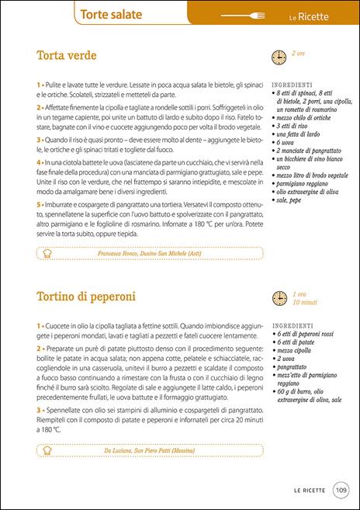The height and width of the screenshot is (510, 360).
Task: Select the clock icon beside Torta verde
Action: click(x=278, y=57)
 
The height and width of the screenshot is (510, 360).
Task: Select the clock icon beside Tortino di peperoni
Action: click(x=278, y=298)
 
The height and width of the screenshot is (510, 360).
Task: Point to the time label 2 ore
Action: click(x=299, y=54)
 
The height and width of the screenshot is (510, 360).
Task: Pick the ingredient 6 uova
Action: click(x=289, y=143)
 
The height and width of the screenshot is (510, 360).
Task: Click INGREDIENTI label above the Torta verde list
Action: click(x=292, y=84)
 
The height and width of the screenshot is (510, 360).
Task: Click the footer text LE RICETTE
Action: click(x=310, y=490)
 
